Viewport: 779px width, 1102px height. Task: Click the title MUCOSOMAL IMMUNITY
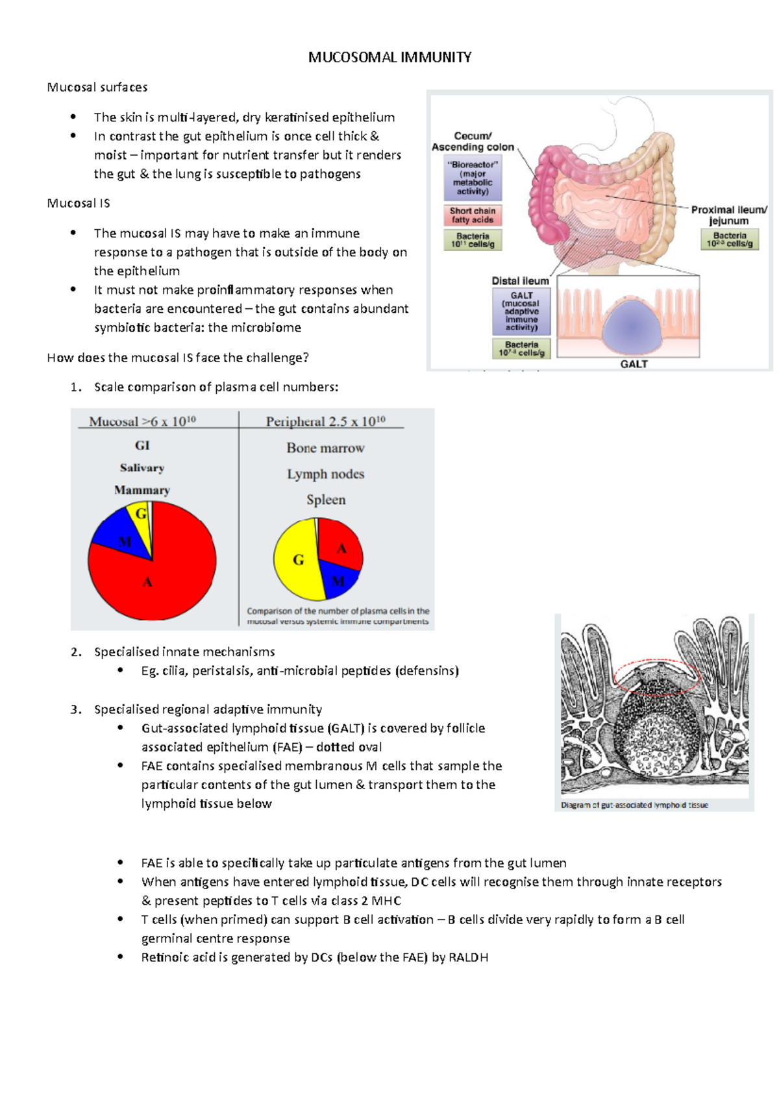389,57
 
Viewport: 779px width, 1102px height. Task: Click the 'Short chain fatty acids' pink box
473,215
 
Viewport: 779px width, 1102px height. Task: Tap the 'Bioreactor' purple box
473,178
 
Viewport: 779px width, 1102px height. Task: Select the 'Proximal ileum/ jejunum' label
728,215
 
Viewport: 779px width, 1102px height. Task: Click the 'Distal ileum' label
520,281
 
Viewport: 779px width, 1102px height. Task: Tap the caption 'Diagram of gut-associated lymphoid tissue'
634,805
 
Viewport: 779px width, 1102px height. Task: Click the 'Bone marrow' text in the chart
325,448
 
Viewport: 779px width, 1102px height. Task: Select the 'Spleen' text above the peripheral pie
326,500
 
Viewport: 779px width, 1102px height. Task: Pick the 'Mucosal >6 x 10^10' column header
142,421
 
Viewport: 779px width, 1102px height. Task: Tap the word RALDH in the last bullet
468,957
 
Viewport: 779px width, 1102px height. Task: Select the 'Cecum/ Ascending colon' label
473,141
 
